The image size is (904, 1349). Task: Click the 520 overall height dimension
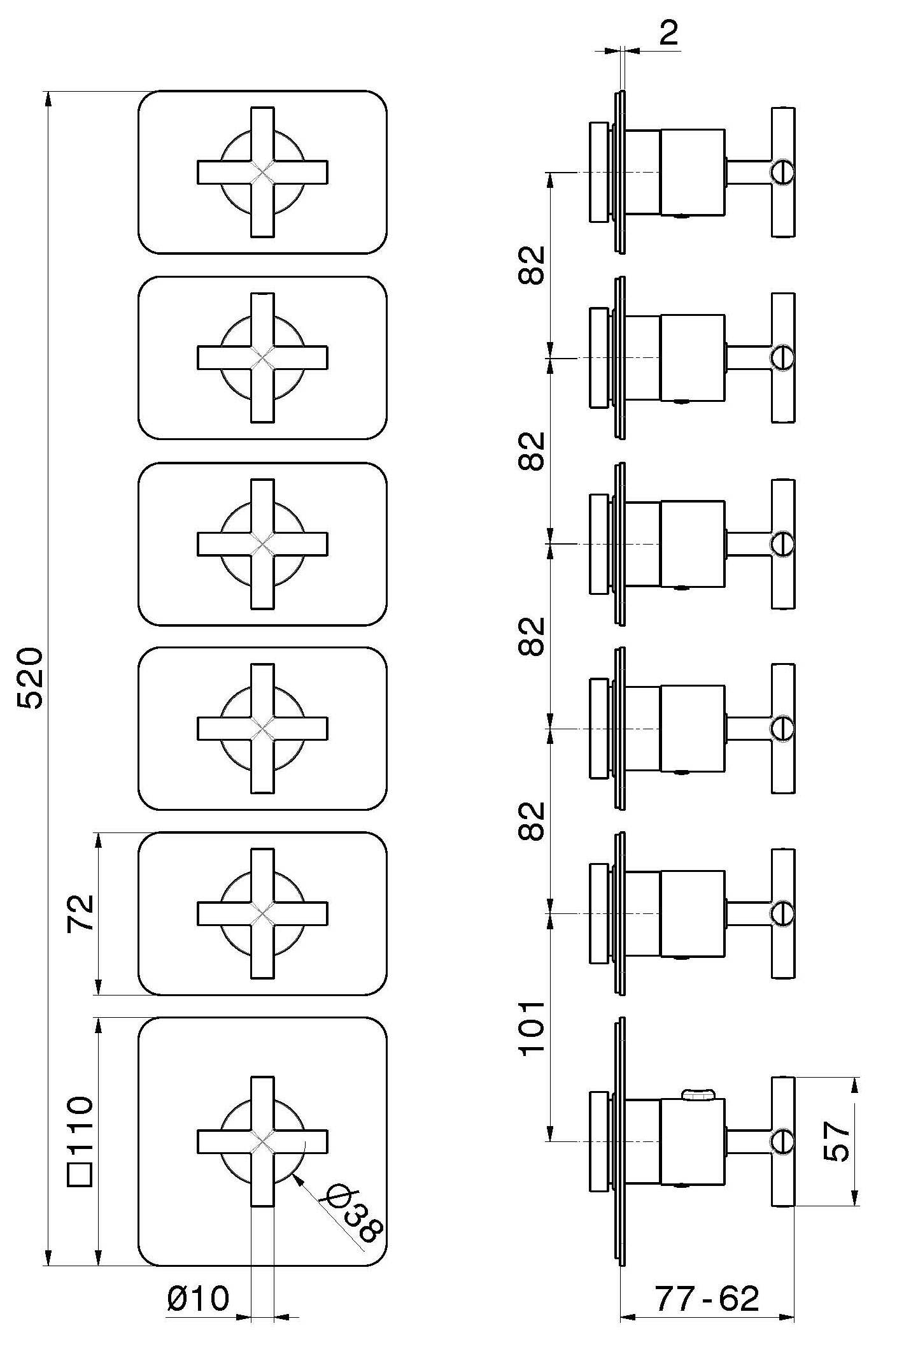[x=31, y=678]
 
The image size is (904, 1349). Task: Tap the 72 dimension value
[x=81, y=913]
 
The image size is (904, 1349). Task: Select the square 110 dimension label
[x=81, y=1132]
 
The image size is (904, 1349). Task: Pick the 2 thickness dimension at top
[x=668, y=33]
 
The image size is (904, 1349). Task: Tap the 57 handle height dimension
[x=837, y=1141]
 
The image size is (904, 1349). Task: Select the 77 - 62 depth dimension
[x=707, y=1299]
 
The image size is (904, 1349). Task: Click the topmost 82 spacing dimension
[x=532, y=265]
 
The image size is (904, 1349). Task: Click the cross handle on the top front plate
[x=262, y=172]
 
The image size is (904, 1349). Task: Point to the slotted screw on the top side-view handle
[x=782, y=172]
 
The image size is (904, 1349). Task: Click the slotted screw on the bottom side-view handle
[x=782, y=1141]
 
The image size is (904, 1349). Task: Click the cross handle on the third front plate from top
[x=262, y=544]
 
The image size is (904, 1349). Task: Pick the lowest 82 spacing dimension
[x=532, y=820]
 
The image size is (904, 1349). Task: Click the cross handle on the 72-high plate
[x=262, y=913]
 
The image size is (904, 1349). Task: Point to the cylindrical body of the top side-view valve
[x=692, y=172]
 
